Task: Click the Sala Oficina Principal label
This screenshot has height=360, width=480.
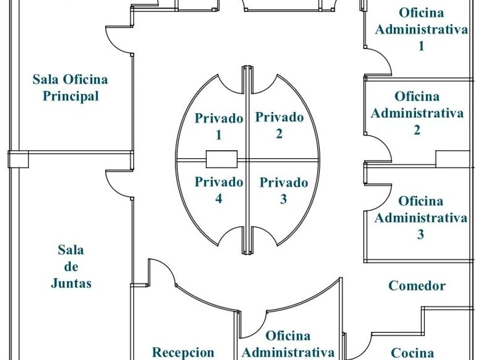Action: [70, 87]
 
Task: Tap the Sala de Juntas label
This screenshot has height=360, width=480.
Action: [71, 266]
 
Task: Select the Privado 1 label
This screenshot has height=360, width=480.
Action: [218, 127]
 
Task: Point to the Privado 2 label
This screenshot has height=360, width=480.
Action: [279, 126]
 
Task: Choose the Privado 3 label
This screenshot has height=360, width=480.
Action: [283, 191]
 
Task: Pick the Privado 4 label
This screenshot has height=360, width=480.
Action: [218, 190]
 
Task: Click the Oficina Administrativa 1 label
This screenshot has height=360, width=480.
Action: [421, 29]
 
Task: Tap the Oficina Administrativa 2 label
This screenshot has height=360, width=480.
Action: [417, 113]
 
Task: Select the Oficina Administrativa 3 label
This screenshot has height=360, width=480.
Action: [421, 218]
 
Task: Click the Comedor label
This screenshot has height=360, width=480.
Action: [417, 286]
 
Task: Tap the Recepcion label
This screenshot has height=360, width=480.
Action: [183, 352]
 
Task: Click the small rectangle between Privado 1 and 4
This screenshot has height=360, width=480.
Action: [221, 158]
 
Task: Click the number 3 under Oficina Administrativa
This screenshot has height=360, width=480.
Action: [421, 234]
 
